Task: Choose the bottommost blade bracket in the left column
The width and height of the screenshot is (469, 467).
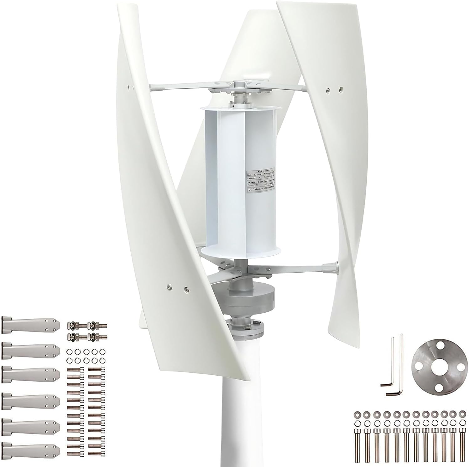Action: point(30,448)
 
